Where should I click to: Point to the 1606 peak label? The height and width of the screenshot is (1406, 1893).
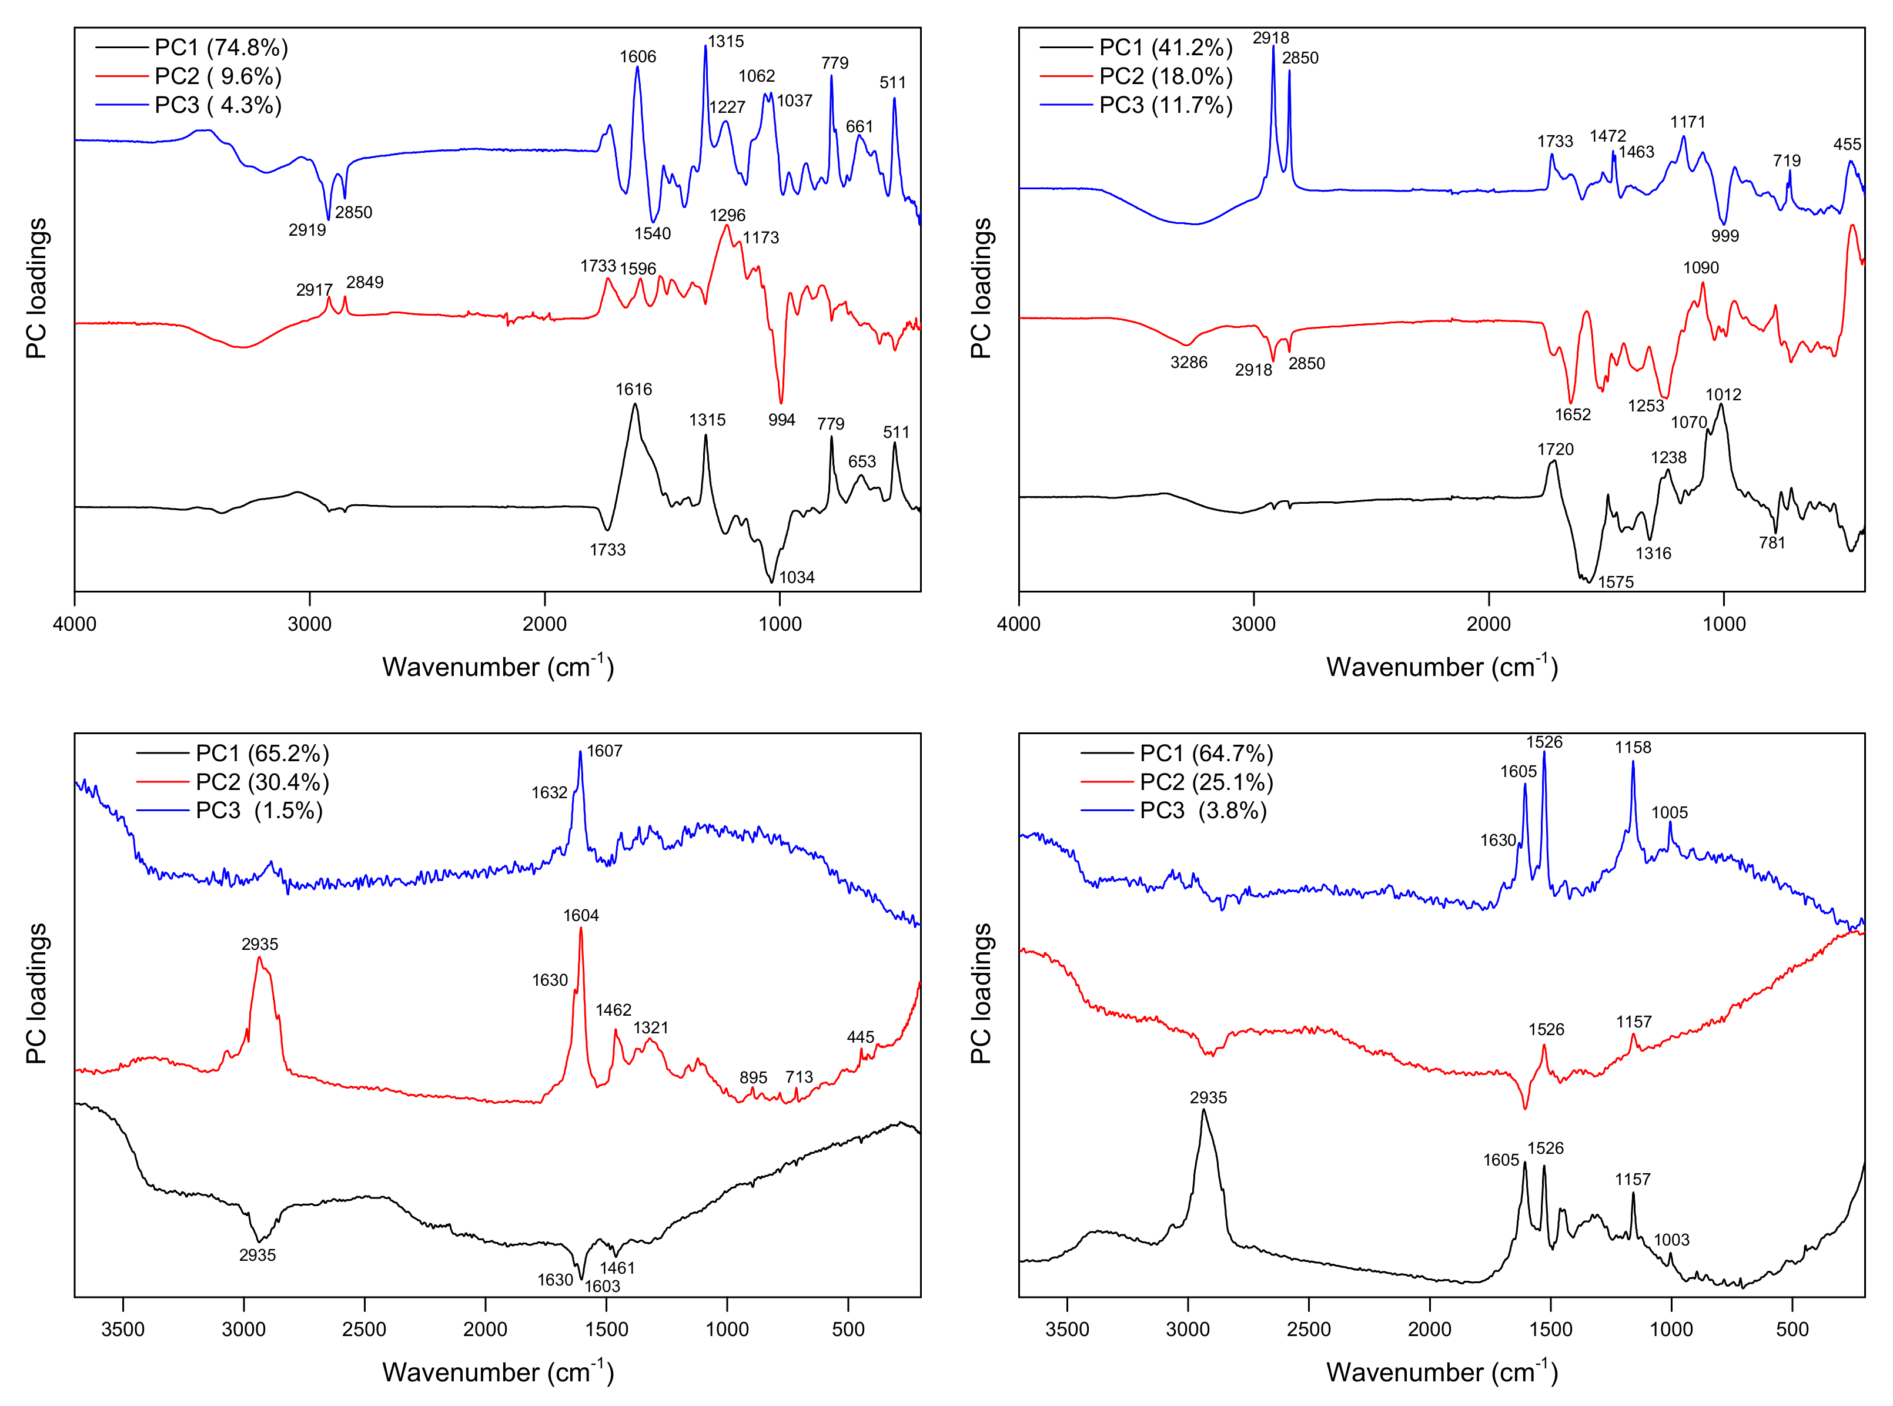[x=637, y=57]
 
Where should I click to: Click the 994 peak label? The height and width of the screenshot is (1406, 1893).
[x=781, y=420]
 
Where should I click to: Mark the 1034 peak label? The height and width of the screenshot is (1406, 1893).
[x=797, y=577]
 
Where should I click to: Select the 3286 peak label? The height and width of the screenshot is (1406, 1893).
[x=1188, y=363]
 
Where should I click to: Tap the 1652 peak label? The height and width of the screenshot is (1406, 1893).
[x=1572, y=414]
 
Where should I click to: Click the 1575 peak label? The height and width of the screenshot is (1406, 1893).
[x=1616, y=582]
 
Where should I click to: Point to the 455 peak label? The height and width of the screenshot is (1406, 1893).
[x=1847, y=145]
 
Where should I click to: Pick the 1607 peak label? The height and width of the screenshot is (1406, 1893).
[x=604, y=751]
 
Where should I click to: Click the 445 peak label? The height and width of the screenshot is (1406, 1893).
[x=861, y=1037]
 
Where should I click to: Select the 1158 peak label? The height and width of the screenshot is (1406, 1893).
[x=1633, y=747]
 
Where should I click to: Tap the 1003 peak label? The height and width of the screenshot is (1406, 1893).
[x=1671, y=1240]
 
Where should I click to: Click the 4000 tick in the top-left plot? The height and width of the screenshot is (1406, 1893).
[x=75, y=624]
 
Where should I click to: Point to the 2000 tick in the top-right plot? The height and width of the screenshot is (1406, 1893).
[x=1489, y=624]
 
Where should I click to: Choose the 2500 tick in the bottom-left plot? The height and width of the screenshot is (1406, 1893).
[x=364, y=1330]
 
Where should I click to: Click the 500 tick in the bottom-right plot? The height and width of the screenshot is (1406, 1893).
[x=1792, y=1330]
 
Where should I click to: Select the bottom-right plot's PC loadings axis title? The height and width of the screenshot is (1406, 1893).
[x=981, y=993]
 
